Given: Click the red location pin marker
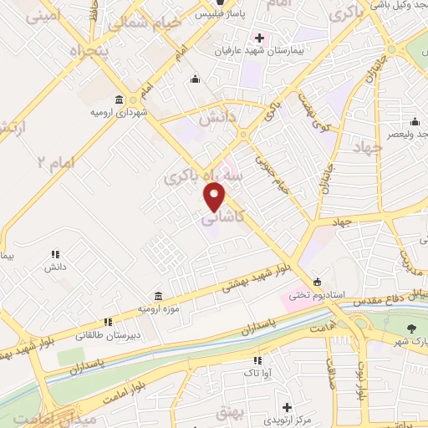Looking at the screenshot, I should pyautogui.click(x=215, y=196).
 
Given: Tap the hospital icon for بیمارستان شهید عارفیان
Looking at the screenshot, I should pyautogui.click(x=259, y=38).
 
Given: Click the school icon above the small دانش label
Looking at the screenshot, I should pyautogui.click(x=55, y=254).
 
